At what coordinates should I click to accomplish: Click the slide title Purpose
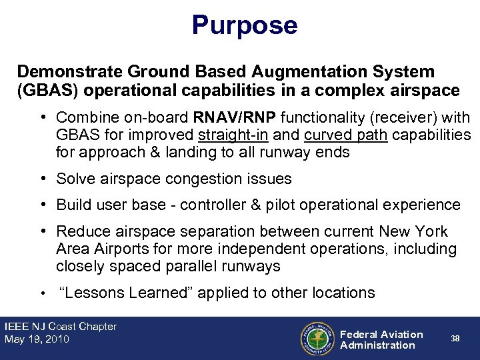(x=244, y=25)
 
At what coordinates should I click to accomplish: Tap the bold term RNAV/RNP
(x=235, y=118)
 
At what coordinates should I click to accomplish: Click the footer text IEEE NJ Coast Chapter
(x=60, y=327)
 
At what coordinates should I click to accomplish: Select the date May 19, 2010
(x=37, y=339)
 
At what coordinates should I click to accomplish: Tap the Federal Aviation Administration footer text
(x=381, y=339)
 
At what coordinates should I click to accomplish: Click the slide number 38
(x=455, y=339)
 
